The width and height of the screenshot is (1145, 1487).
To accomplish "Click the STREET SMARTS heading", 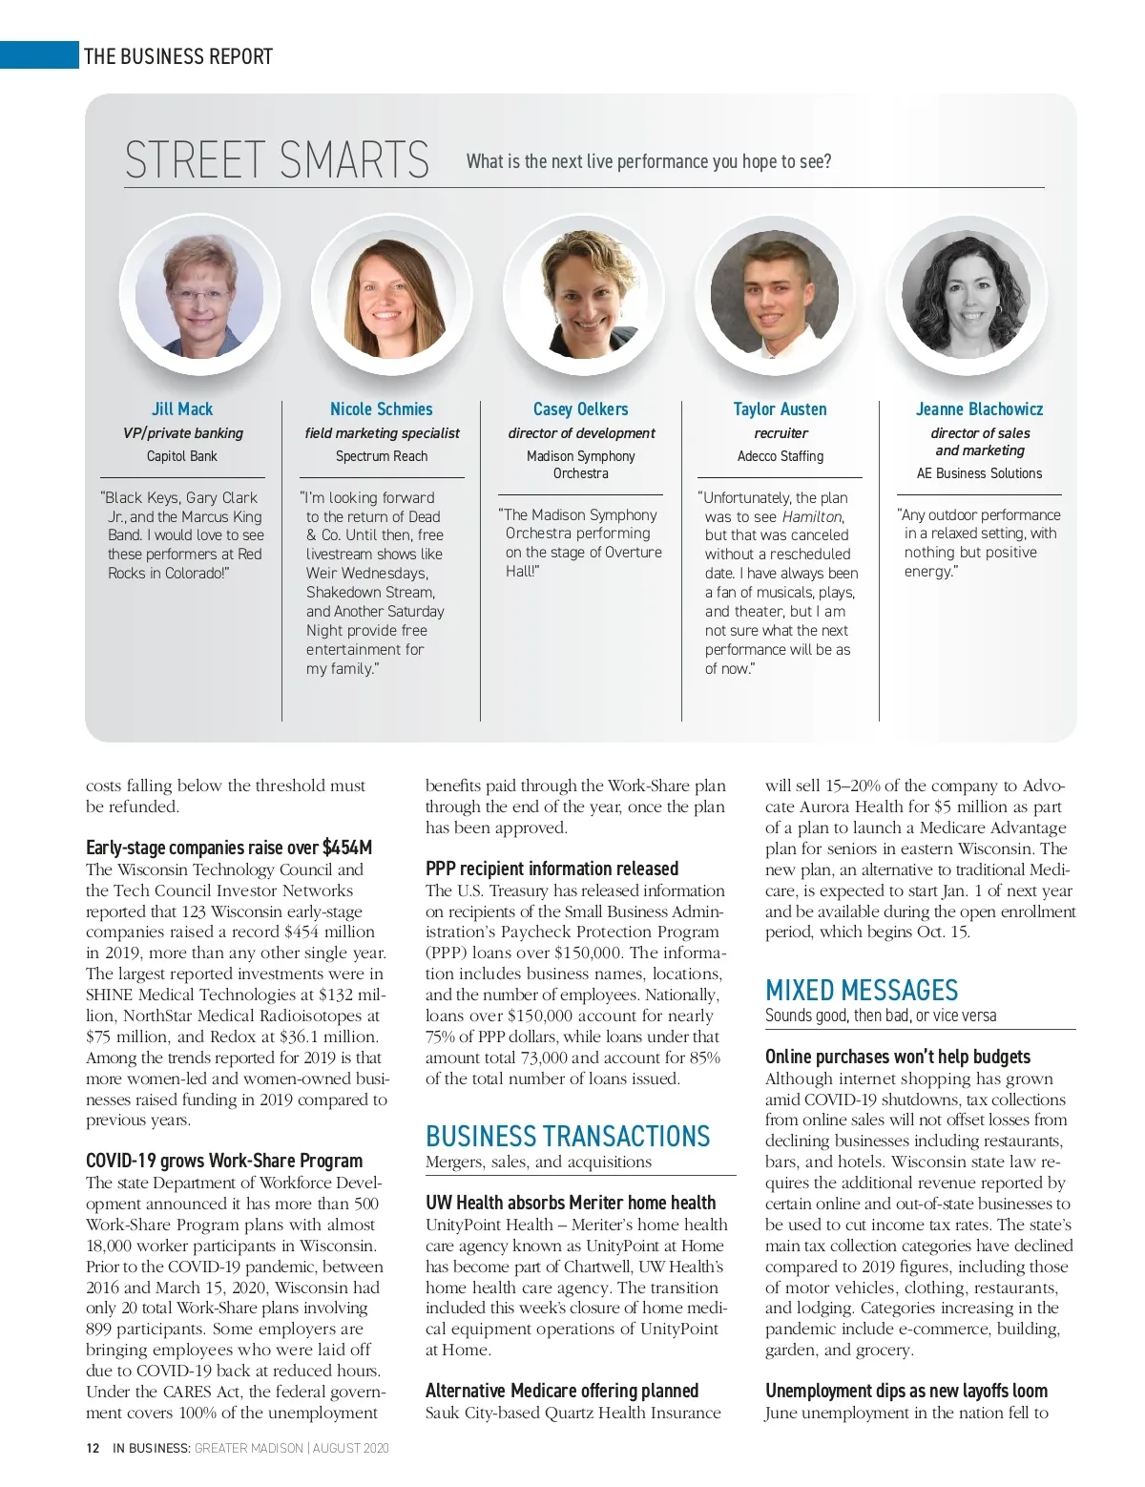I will (x=277, y=160).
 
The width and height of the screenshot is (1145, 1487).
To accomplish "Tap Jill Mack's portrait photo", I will (x=198, y=294).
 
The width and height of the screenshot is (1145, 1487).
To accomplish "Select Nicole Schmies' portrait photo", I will (x=386, y=294).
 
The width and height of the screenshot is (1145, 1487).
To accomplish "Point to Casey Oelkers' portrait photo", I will (x=581, y=294).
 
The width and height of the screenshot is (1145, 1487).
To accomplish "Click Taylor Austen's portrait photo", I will (x=774, y=294).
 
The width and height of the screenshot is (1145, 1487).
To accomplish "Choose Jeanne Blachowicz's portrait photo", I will (x=966, y=294).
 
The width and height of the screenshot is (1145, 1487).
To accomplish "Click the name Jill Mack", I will (x=182, y=408).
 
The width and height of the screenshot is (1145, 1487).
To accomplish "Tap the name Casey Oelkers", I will (x=580, y=408).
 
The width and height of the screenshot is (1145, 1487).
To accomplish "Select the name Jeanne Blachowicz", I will (x=979, y=408).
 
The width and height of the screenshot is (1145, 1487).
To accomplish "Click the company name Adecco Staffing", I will (x=780, y=456).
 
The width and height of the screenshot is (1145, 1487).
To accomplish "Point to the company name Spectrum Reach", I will (x=382, y=456).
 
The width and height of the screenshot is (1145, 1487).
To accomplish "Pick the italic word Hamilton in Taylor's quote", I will (x=812, y=516).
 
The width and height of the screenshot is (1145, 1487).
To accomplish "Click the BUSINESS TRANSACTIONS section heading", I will (x=568, y=1136).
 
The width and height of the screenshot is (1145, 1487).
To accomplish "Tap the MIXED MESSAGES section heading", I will (x=862, y=990).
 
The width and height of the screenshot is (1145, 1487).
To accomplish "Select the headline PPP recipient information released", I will (x=552, y=869).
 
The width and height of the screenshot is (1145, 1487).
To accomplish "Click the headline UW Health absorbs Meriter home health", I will (x=570, y=1203).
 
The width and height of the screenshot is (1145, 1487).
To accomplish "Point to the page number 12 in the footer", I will (x=93, y=1448).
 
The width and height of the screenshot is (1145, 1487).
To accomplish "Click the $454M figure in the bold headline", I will (x=347, y=848).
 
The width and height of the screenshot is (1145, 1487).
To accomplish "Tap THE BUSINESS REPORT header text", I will (x=178, y=56).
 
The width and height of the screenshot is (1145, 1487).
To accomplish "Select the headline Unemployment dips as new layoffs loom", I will (x=906, y=1391).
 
